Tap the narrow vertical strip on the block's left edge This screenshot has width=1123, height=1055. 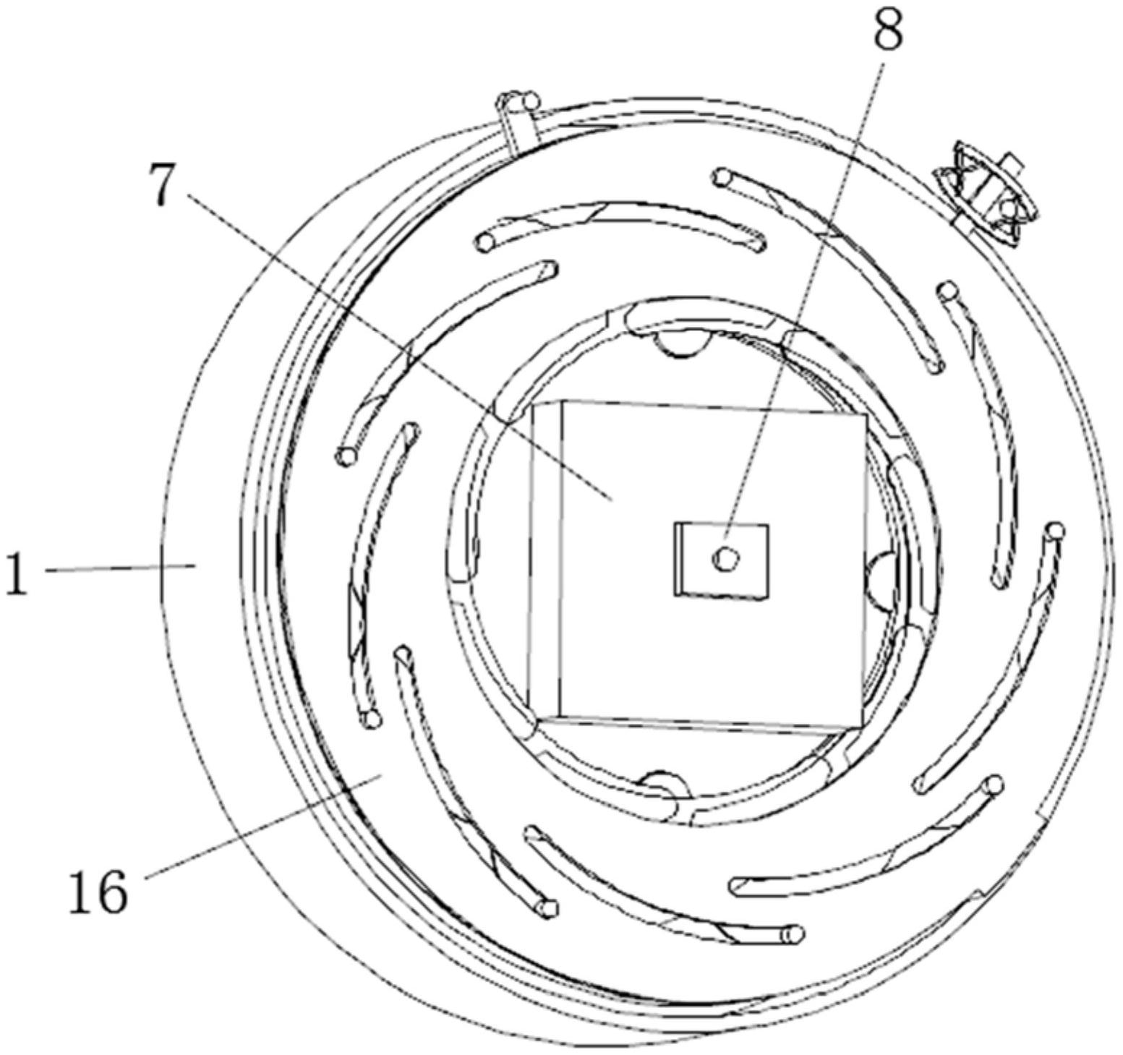pyautogui.click(x=546, y=557)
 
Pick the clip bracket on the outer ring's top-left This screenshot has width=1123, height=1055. pyautogui.click(x=518, y=119)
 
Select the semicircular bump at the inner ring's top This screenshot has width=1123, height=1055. pyautogui.click(x=679, y=344)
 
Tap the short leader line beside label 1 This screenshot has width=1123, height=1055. pyautogui.click(x=119, y=568)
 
